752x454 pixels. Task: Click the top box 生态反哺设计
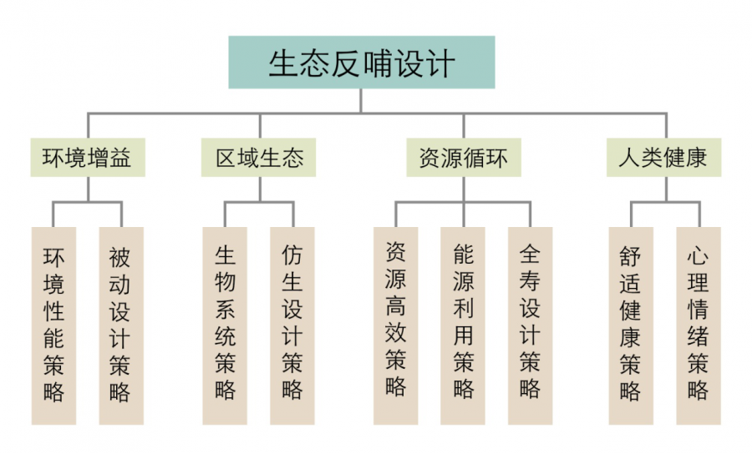362,63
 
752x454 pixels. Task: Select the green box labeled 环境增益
88,158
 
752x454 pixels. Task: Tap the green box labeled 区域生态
258,158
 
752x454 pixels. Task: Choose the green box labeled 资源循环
464,158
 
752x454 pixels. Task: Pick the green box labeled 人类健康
663,158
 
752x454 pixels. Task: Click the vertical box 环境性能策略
53,325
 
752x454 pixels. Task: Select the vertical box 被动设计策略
121,325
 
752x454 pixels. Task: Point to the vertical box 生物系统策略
225,325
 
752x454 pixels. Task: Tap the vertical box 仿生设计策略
292,325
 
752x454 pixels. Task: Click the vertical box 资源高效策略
396,325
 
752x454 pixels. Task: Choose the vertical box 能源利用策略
463,325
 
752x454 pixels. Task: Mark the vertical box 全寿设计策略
531,325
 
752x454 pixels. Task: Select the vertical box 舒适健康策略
631,325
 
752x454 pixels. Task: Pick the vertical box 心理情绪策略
699,325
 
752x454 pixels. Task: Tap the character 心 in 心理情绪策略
698,255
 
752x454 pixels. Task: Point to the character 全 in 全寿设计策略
530,254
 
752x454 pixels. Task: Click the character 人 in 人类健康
628,158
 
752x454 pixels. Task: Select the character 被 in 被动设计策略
119,258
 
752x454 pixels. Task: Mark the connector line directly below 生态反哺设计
361,101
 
